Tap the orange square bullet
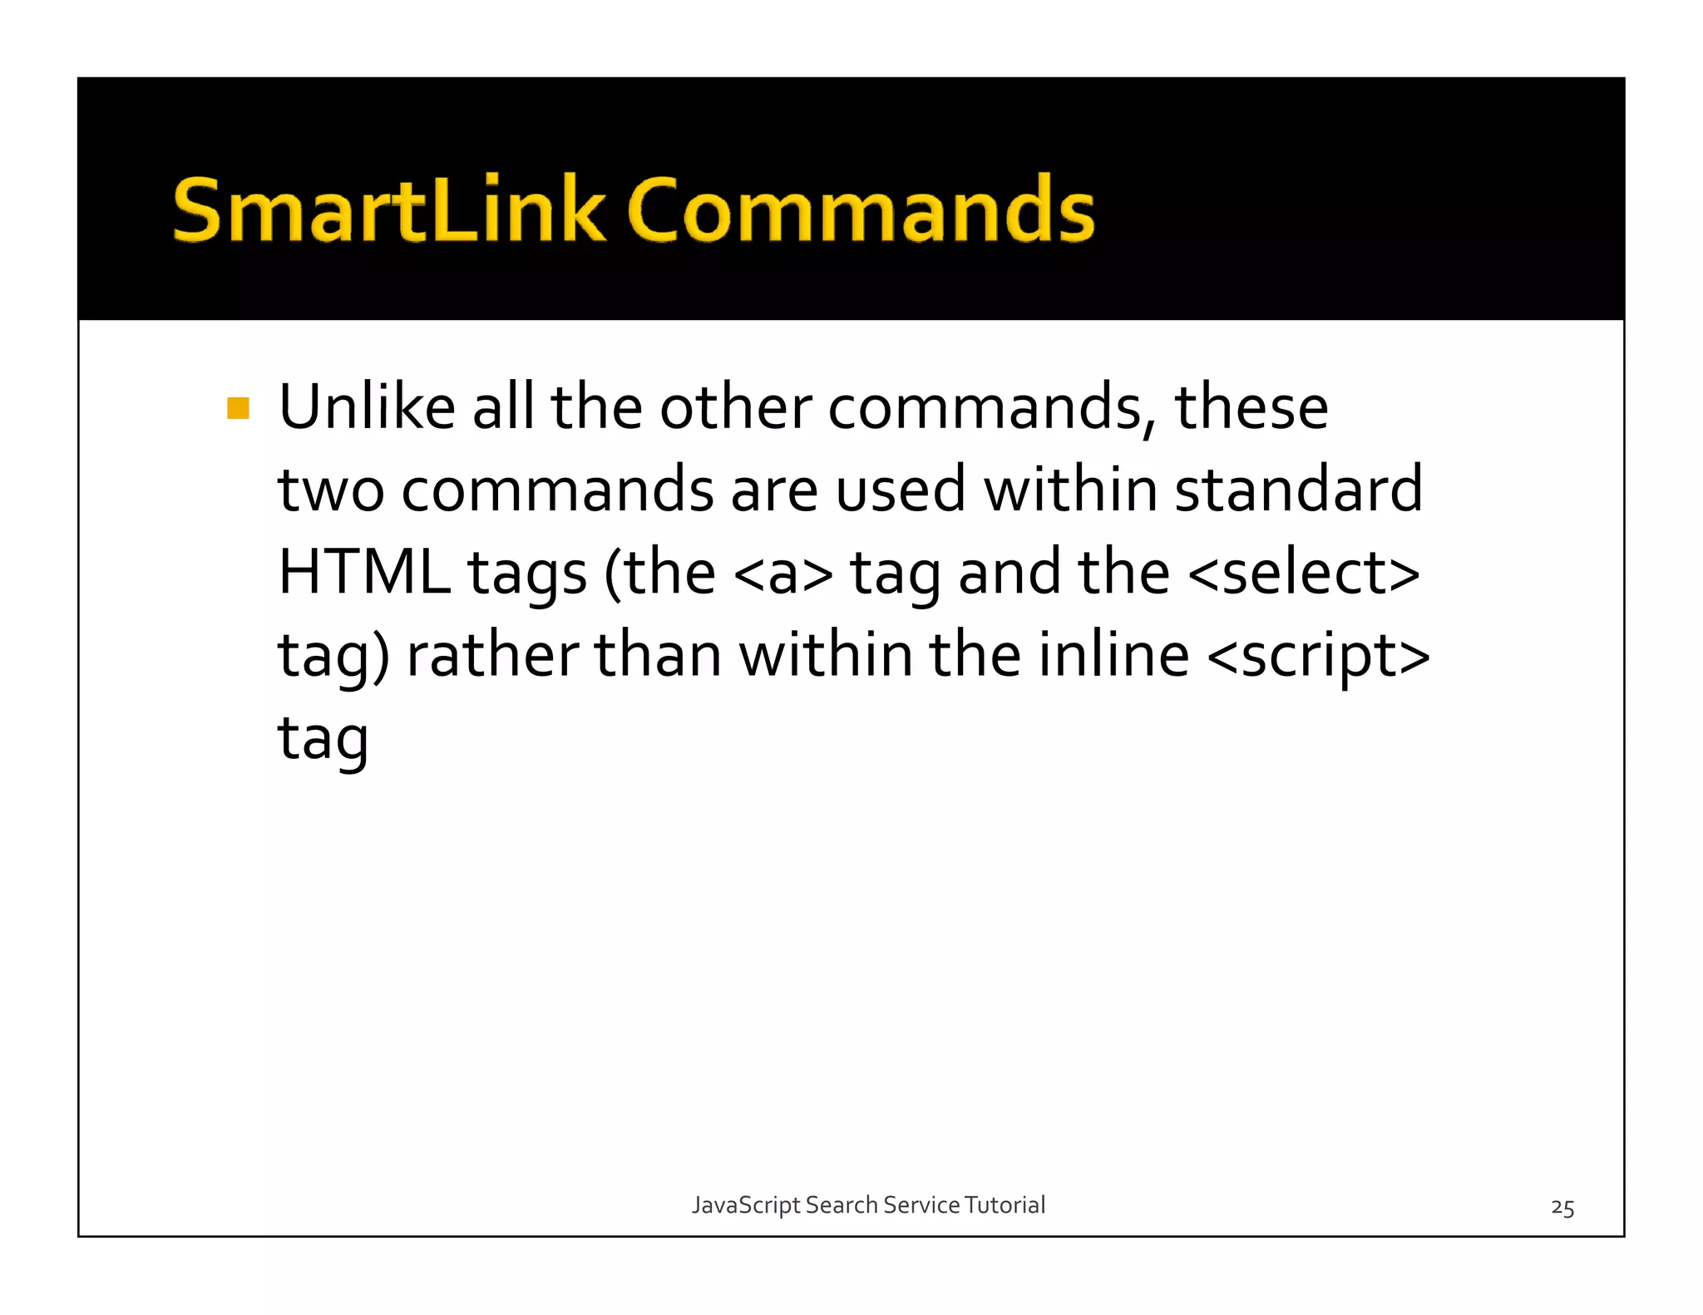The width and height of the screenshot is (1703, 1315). (x=238, y=408)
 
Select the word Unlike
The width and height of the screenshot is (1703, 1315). (x=367, y=407)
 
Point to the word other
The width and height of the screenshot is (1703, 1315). (x=735, y=407)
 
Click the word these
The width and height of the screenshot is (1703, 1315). (x=1251, y=407)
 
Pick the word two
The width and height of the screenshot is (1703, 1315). (x=331, y=490)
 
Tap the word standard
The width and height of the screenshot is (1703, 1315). (x=1298, y=490)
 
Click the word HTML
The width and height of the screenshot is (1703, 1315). (x=363, y=573)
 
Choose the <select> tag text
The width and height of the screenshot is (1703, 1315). (x=1304, y=573)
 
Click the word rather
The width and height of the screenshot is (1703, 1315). (x=492, y=655)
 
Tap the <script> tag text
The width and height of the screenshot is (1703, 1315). (x=1318, y=657)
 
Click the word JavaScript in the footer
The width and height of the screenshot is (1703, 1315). (x=746, y=1205)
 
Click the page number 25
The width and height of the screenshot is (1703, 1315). (x=1562, y=1208)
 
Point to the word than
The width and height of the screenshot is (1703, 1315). (x=658, y=655)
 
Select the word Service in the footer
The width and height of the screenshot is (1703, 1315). (x=921, y=1204)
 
